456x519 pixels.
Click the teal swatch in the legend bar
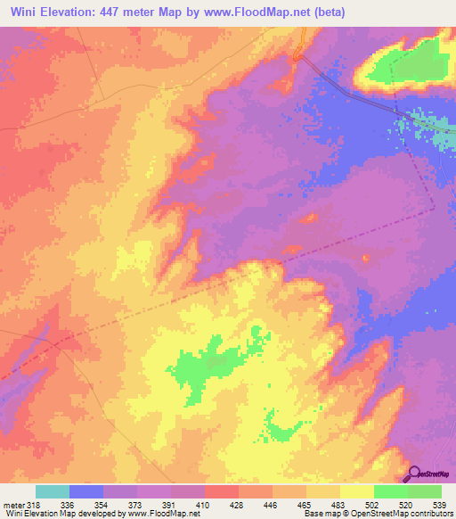coord(53,491)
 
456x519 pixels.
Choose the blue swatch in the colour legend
coord(86,491)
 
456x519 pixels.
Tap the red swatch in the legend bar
coord(222,491)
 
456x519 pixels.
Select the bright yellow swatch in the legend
coord(357,491)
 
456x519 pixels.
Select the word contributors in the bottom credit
coord(433,514)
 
